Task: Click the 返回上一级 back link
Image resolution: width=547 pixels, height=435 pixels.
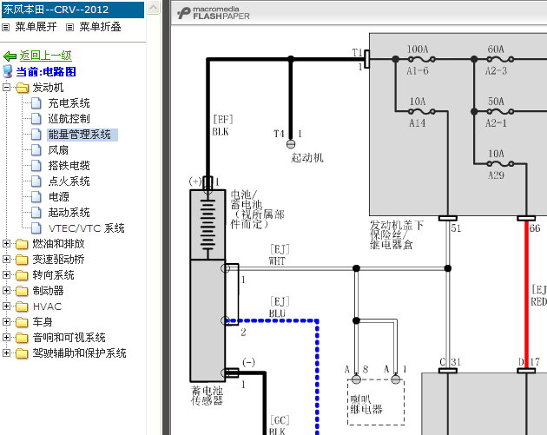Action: (x=45, y=56)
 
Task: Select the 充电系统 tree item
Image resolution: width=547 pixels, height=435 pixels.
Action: (x=69, y=103)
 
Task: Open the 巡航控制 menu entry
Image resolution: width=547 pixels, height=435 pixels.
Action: (x=69, y=119)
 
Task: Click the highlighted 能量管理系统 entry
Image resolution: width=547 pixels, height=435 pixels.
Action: (x=80, y=135)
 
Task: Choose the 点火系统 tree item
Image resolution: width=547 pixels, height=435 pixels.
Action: (x=69, y=181)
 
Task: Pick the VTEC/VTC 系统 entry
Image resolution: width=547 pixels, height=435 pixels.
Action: (x=86, y=228)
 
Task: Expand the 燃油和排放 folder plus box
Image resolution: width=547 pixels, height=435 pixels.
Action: (x=6, y=243)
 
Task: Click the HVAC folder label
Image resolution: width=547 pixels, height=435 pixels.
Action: (x=47, y=306)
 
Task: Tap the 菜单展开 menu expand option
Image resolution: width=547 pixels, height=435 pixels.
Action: (x=36, y=27)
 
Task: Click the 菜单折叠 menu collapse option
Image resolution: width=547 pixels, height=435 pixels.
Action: (x=100, y=27)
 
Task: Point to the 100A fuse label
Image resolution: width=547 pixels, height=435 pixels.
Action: (x=418, y=49)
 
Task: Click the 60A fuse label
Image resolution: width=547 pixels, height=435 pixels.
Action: (x=496, y=49)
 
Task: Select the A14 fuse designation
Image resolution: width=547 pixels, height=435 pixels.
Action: (x=418, y=122)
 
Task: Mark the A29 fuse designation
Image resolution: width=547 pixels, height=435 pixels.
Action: (x=496, y=175)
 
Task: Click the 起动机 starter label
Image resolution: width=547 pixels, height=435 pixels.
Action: (x=307, y=158)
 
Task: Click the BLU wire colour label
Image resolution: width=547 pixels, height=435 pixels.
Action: (x=277, y=313)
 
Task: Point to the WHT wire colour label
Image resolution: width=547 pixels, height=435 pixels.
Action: (x=277, y=261)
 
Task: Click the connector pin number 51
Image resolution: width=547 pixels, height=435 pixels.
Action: (x=456, y=228)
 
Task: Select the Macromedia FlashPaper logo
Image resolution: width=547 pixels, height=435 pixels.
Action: (x=213, y=13)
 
